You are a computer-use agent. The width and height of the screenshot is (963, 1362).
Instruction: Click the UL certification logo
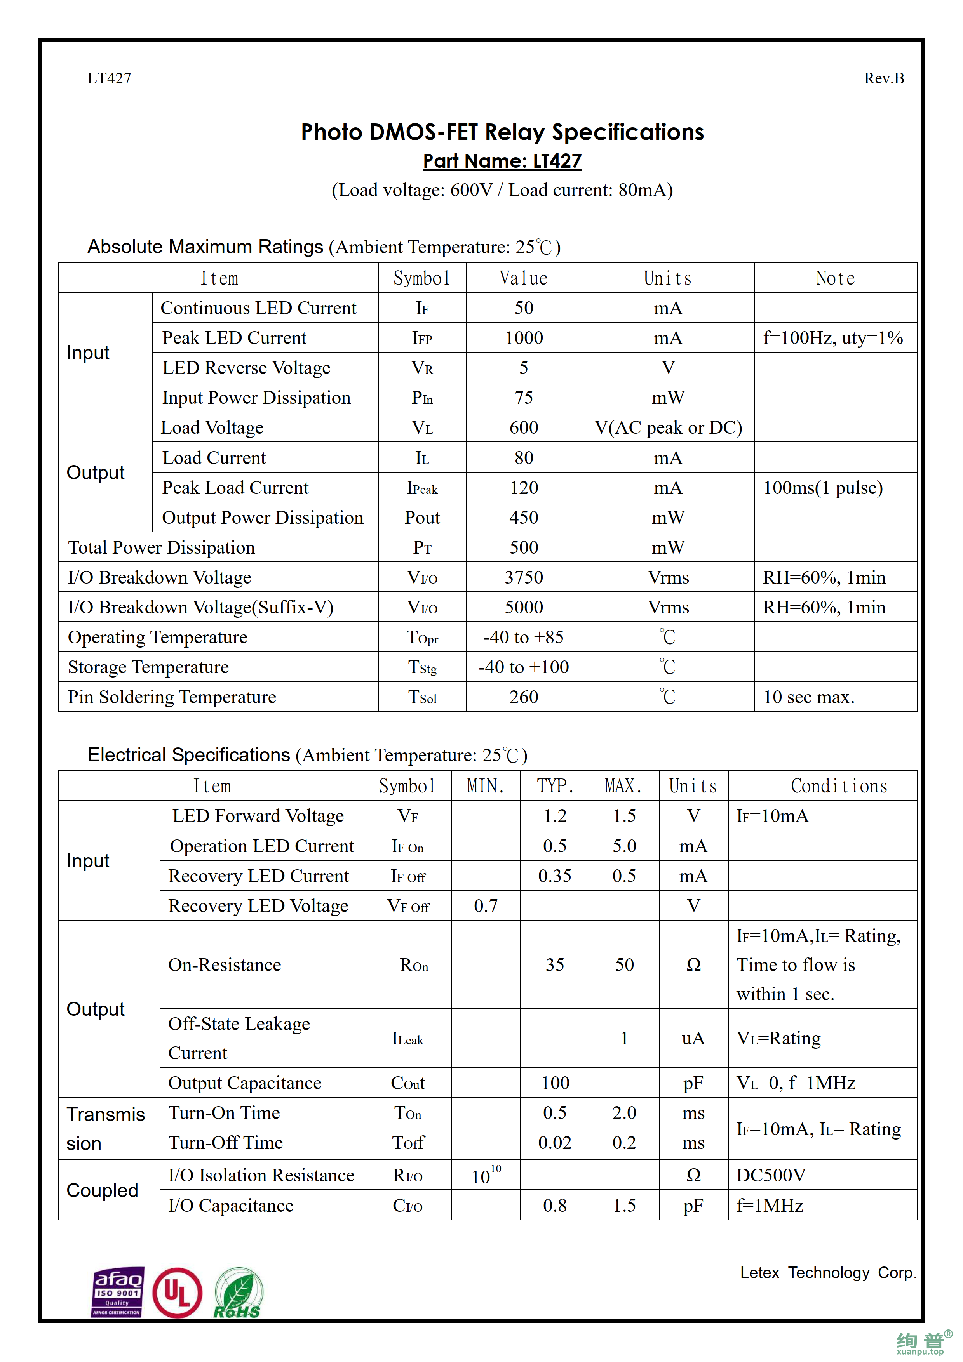(x=177, y=1293)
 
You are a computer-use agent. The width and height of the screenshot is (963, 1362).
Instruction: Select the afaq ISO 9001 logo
(x=117, y=1292)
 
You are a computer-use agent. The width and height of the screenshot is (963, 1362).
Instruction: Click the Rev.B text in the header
(x=883, y=78)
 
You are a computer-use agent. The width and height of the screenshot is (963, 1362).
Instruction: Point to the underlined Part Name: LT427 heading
(x=502, y=161)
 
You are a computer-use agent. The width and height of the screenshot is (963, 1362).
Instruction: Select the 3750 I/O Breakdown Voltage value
(x=524, y=577)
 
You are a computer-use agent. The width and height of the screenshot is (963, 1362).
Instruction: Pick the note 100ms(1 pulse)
(x=822, y=488)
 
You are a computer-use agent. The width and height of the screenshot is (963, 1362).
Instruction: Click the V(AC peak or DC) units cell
(x=668, y=428)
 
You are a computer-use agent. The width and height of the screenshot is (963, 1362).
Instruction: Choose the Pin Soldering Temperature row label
(x=172, y=697)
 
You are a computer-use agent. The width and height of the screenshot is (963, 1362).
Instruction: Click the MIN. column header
(x=485, y=786)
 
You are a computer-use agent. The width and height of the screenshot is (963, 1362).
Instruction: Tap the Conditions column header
(x=838, y=786)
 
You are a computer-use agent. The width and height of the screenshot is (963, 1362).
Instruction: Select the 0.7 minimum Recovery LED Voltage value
(x=485, y=906)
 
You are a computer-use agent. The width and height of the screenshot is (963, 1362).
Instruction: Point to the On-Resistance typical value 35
(x=555, y=964)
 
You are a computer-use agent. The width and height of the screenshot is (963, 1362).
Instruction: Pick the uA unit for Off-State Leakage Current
(x=693, y=1038)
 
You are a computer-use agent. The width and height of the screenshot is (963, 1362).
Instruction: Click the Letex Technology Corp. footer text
(x=828, y=1272)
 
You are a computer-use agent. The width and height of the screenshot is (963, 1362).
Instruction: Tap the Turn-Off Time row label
(x=225, y=1143)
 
